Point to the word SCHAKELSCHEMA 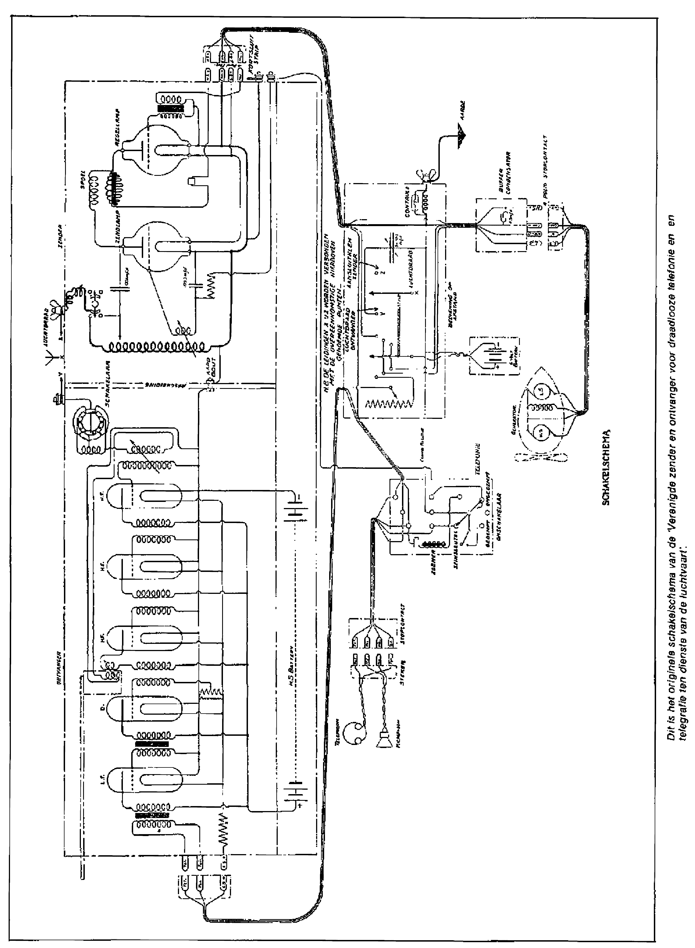[607, 467]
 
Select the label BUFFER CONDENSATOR [504, 181]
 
